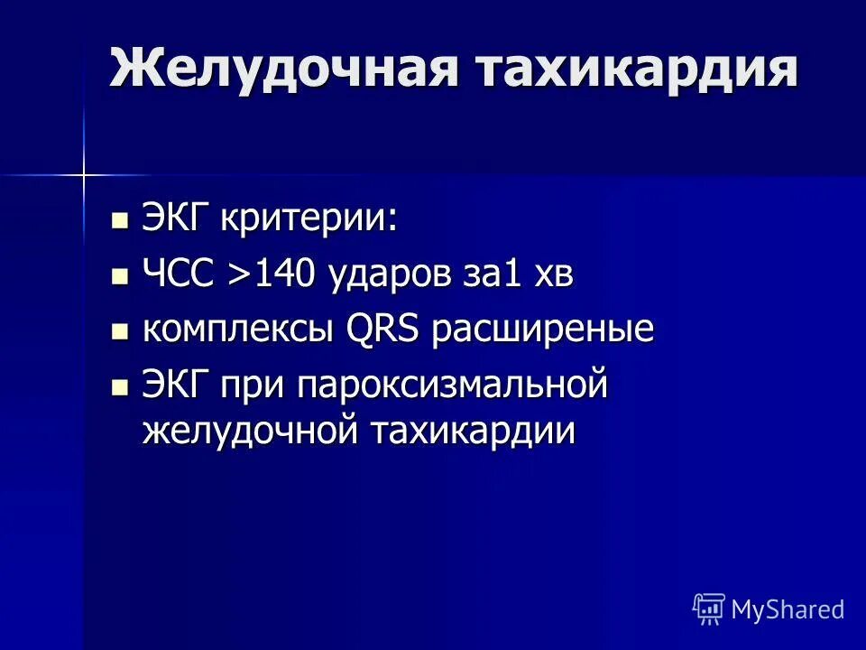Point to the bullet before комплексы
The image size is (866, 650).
(119, 331)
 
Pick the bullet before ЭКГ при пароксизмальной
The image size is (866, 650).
(119, 387)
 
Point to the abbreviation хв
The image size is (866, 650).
(553, 274)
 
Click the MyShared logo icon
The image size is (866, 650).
(708, 609)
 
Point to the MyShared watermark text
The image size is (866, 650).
(788, 609)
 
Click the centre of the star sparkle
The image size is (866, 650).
(83, 173)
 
